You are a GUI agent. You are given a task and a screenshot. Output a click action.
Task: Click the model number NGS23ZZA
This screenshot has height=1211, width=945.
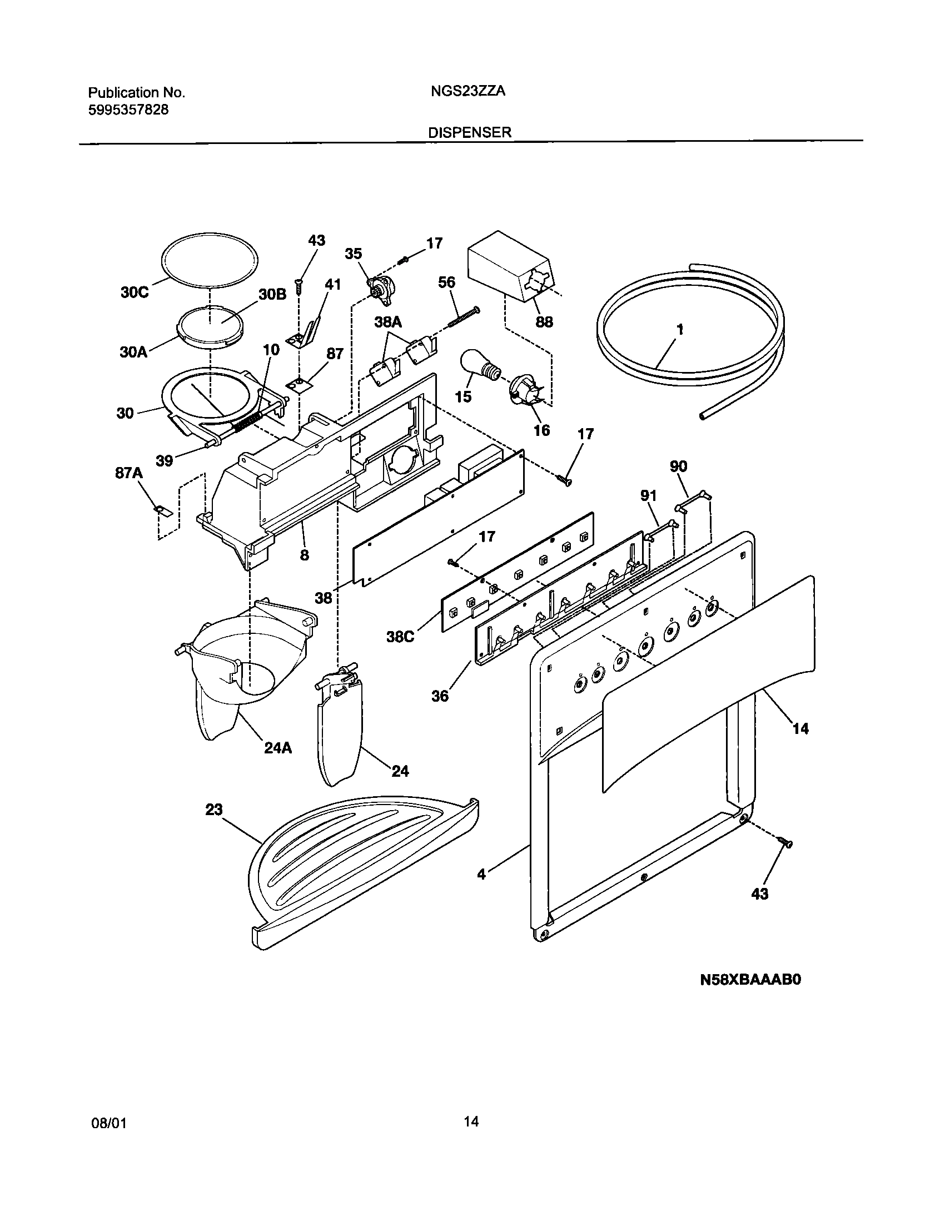(x=467, y=92)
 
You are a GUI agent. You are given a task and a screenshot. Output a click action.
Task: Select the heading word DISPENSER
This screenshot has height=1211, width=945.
(x=469, y=133)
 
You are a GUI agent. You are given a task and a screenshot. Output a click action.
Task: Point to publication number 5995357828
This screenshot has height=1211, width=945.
(x=128, y=110)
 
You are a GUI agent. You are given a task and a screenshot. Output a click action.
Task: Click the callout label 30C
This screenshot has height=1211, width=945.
(x=135, y=292)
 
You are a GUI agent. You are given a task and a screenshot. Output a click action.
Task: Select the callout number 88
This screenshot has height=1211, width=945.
(x=544, y=322)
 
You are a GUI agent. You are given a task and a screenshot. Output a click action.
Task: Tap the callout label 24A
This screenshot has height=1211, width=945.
(x=278, y=748)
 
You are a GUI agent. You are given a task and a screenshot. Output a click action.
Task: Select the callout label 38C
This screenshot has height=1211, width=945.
(x=400, y=637)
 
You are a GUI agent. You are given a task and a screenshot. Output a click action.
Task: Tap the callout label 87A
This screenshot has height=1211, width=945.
(x=129, y=473)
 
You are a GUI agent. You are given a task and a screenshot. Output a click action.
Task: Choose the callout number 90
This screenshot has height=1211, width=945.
(x=678, y=466)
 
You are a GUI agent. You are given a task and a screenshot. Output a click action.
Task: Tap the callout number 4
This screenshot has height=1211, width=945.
(x=481, y=875)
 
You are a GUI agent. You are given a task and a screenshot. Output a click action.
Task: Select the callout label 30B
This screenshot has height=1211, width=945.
(x=272, y=294)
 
